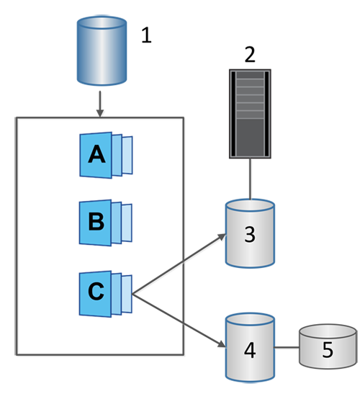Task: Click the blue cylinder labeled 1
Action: click(x=102, y=50)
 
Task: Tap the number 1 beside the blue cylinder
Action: click(x=146, y=35)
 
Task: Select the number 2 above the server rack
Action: click(x=250, y=54)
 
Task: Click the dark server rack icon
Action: click(x=250, y=114)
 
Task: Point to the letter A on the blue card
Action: click(x=96, y=154)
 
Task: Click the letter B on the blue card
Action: click(x=96, y=221)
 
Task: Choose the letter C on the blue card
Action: click(x=96, y=291)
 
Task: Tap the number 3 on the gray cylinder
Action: click(x=250, y=234)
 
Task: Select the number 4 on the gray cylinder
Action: click(x=250, y=350)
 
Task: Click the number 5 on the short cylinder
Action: click(x=328, y=349)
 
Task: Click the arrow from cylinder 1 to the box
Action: click(x=100, y=104)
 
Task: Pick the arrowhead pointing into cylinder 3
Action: click(x=222, y=237)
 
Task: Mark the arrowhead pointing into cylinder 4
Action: click(x=222, y=344)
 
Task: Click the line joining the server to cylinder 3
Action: click(x=250, y=179)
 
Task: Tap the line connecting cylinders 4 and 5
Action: click(x=287, y=347)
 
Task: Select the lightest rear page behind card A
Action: click(x=127, y=156)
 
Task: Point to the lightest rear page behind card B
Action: click(x=127, y=223)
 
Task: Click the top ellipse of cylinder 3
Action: click(x=250, y=205)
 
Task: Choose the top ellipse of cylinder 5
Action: click(x=328, y=331)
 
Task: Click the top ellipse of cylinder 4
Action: click(x=250, y=319)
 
